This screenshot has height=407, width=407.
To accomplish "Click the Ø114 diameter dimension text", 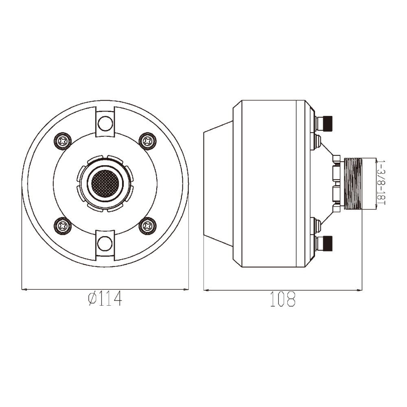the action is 105,299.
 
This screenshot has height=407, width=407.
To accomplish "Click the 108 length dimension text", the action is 283,299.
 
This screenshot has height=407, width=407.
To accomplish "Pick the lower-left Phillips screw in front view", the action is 63,226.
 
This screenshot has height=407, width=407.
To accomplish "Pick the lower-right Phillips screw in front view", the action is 148,226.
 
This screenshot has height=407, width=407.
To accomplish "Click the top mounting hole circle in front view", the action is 105,124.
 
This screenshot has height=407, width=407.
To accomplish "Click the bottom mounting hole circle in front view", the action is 105,243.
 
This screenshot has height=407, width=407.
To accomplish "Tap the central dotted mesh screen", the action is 105,184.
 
